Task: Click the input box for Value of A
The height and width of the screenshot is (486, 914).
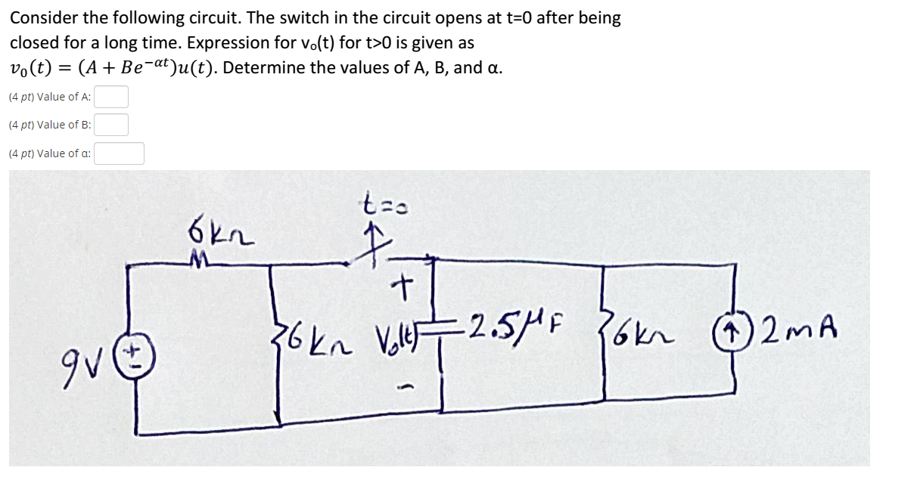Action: coord(111,97)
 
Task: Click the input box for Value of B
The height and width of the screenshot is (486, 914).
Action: coord(111,125)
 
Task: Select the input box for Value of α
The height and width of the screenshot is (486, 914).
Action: coord(119,153)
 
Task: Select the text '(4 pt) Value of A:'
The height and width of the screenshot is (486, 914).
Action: coord(50,97)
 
